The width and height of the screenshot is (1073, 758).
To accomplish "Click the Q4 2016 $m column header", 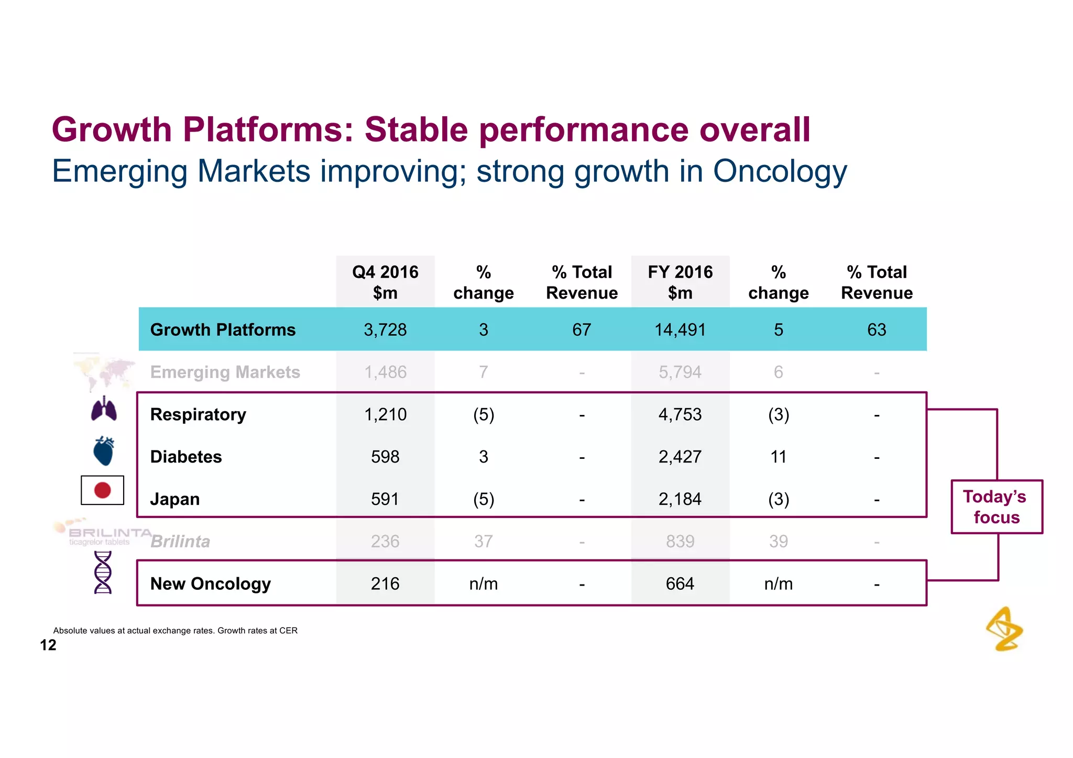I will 385,282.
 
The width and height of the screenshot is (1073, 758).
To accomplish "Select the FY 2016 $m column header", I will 680,282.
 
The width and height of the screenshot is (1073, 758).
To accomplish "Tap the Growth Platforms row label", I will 223,329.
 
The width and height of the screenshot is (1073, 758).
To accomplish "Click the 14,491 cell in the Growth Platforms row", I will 680,329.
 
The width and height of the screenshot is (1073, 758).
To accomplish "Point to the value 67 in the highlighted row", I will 582,329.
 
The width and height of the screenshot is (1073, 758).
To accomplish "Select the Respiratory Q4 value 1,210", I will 385,414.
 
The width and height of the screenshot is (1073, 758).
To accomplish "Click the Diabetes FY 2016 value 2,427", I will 680,457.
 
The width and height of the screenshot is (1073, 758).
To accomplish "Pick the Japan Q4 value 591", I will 385,499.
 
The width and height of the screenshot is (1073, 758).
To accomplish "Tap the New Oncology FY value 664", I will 680,584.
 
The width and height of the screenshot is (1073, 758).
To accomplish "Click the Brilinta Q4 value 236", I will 385,541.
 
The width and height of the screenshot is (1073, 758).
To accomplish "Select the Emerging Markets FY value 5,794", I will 680,372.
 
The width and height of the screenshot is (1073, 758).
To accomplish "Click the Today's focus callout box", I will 997,507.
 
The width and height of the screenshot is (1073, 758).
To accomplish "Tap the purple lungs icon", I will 104,409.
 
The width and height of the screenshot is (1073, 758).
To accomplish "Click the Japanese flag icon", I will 103,490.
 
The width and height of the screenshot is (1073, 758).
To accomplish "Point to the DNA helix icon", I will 103,573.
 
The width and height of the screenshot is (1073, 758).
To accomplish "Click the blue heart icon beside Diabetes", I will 104,451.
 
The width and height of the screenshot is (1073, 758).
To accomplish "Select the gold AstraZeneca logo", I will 1004,629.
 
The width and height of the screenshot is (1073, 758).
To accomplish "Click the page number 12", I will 48,645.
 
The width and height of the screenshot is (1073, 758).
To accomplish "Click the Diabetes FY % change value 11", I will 778,457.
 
